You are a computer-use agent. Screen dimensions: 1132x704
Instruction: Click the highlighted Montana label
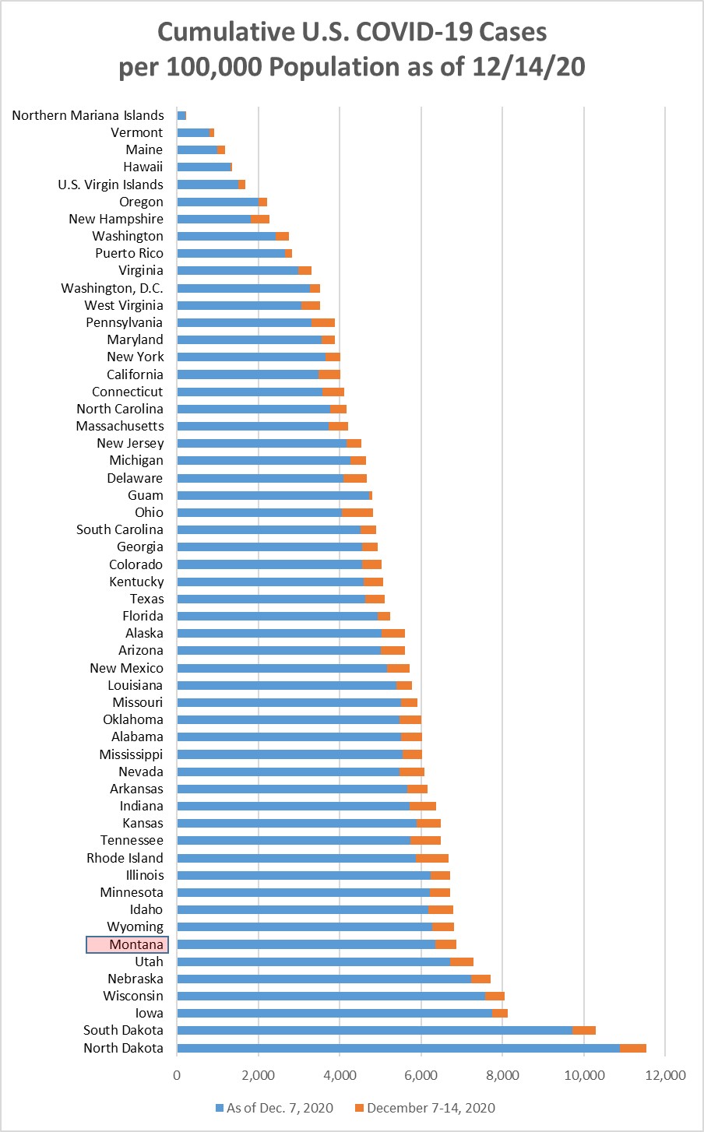pyautogui.click(x=127, y=944)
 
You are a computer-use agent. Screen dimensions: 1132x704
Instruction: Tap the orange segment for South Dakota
pyautogui.click(x=584, y=1030)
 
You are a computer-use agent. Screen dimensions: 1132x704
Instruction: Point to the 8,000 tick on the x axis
pyautogui.click(x=502, y=1075)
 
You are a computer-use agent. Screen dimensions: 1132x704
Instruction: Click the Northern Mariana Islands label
pyautogui.click(x=88, y=115)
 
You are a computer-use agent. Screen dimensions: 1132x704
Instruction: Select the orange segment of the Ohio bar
pyautogui.click(x=357, y=512)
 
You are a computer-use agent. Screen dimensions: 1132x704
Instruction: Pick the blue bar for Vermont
pyautogui.click(x=193, y=132)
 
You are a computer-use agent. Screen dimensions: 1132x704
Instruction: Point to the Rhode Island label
pyautogui.click(x=125, y=858)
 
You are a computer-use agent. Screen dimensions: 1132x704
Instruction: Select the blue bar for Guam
pyautogui.click(x=273, y=495)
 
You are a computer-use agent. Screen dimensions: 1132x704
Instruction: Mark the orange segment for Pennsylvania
pyautogui.click(x=323, y=322)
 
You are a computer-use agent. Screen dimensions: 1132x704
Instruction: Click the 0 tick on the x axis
pyautogui.click(x=178, y=1075)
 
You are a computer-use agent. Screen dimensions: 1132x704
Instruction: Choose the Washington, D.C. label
pyautogui.click(x=112, y=288)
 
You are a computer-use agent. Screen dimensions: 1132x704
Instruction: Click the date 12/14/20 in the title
pyautogui.click(x=529, y=67)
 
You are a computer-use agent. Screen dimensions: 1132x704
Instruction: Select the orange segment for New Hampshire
pyautogui.click(x=260, y=219)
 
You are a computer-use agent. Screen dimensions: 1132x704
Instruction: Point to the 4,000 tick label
pyautogui.click(x=340, y=1075)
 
